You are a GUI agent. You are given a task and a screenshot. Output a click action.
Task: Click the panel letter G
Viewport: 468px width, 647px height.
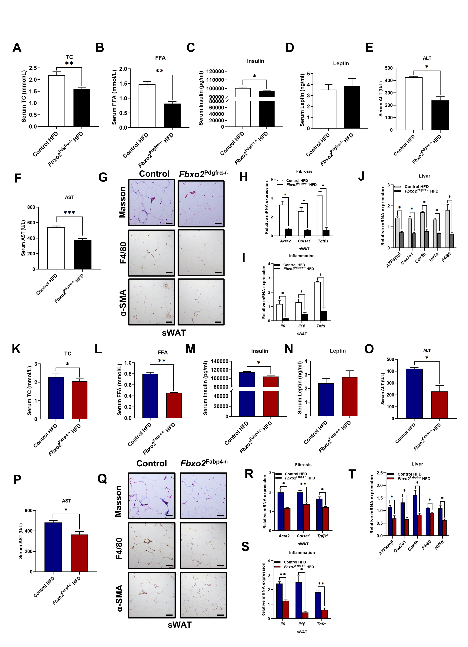[x=103, y=177]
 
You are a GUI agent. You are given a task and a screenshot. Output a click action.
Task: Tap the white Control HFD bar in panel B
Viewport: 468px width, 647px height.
[x=147, y=106]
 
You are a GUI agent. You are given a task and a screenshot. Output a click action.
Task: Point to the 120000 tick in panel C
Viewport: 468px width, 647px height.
[x=215, y=71]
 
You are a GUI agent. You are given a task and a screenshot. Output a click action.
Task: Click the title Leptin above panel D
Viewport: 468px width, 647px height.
[x=341, y=63]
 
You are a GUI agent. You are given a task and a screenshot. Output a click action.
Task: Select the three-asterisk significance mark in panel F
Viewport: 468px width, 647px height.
[x=69, y=213]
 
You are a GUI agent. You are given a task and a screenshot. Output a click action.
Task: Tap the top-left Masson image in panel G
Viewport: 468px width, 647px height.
[x=152, y=203]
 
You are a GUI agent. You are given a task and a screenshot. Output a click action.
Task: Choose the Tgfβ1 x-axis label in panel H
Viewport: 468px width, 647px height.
[x=323, y=241]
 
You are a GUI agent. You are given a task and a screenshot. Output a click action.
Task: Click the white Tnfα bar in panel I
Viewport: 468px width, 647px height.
[x=318, y=301]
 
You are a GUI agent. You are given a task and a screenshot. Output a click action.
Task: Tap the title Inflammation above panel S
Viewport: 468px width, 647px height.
[x=302, y=553]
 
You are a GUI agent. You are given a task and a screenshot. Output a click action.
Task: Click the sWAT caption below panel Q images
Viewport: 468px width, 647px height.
[x=180, y=625]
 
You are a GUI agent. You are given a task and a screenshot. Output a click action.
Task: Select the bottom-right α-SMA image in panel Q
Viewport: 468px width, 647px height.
[x=203, y=595]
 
